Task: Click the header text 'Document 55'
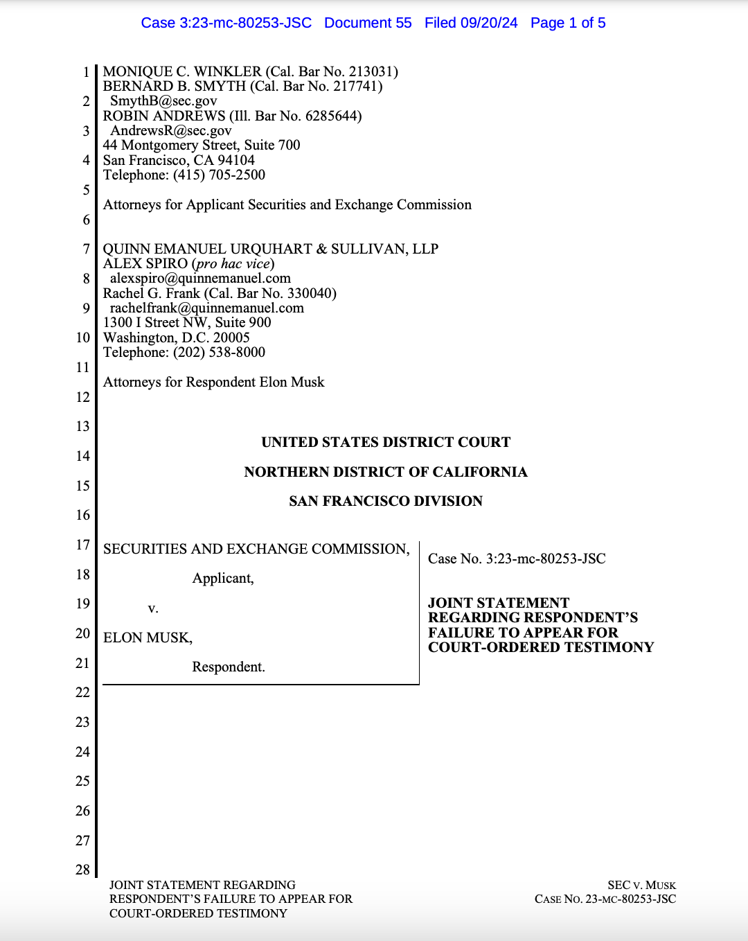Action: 368,23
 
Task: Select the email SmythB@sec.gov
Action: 163,101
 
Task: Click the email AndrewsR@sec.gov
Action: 171,130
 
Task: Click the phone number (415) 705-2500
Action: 219,175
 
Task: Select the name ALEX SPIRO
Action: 145,263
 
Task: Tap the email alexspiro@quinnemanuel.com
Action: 200,278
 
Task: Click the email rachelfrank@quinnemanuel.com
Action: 207,308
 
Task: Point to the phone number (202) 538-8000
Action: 219,352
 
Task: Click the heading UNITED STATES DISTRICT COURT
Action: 386,442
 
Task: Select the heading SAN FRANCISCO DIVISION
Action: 386,501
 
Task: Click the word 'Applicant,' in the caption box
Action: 223,578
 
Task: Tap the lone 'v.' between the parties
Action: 153,608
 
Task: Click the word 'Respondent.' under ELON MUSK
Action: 229,667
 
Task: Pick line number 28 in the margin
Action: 82,870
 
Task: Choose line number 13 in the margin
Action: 82,426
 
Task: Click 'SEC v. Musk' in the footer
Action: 641,885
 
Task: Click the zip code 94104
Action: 236,160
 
